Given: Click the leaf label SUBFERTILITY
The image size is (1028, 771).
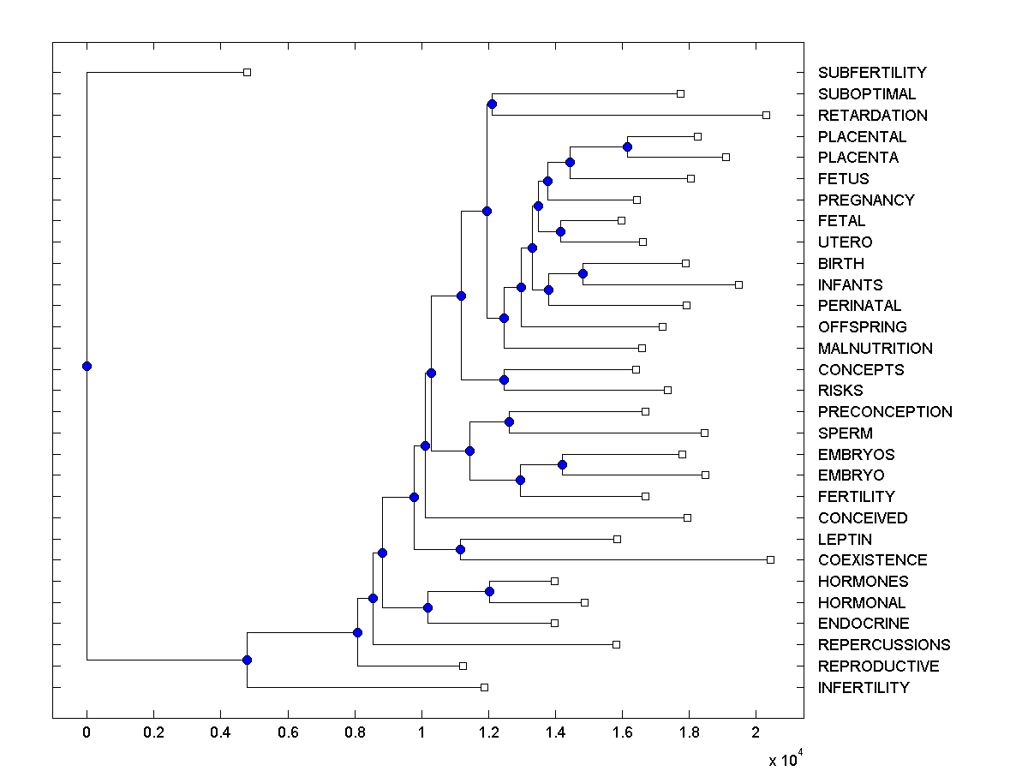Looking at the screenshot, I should tap(872, 73).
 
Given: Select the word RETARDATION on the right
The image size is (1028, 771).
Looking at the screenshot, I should tap(872, 116).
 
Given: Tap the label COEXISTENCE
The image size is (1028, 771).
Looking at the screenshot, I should tap(872, 560).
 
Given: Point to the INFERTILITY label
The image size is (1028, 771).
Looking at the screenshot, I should tap(864, 688).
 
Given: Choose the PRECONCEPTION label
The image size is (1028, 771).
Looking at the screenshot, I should tap(885, 412).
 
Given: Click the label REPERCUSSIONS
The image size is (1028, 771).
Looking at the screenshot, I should tap(884, 645).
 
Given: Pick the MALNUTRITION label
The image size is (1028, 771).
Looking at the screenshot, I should tap(876, 349).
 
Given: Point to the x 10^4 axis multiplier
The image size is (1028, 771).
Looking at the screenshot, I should tap(785, 759).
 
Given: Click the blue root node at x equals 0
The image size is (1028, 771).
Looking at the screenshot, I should tap(87, 366).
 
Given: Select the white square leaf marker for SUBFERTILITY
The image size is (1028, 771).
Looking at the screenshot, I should tap(247, 72).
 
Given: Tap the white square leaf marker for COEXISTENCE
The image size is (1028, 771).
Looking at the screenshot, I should tap(770, 559).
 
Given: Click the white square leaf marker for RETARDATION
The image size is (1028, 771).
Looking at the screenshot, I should tap(767, 115).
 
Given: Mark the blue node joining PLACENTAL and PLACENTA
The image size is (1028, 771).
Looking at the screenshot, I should tap(627, 146).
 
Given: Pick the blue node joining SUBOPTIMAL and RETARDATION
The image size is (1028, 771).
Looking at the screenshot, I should tap(492, 105).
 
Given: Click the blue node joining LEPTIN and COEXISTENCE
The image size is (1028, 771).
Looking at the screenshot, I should tap(460, 549).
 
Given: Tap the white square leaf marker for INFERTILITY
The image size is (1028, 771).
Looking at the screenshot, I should tap(484, 687).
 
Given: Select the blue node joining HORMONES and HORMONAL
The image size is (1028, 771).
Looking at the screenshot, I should tap(490, 591).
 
